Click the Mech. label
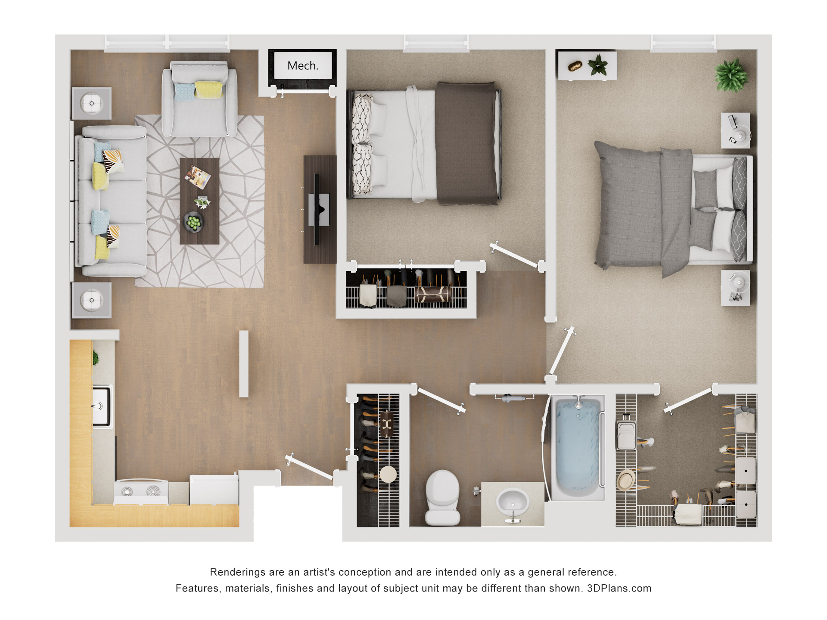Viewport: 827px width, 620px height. (303, 65)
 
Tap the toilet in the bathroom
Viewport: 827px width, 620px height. (442, 497)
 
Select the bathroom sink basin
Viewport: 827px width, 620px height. (512, 502)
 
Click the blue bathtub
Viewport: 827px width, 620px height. (578, 448)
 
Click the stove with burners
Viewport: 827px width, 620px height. (141, 492)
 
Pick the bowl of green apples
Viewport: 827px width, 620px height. (193, 222)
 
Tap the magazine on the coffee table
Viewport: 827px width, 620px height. (198, 177)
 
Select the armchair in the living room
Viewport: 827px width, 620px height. (199, 99)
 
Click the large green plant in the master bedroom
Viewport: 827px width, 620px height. (731, 76)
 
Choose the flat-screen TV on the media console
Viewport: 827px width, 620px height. (318, 210)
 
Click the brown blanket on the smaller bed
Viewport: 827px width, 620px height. (466, 143)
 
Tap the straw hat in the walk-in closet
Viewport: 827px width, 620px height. (626, 480)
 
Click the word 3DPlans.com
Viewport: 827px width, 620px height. (619, 588)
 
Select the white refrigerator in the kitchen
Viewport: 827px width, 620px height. (214, 490)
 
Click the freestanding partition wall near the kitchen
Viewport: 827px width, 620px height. (244, 364)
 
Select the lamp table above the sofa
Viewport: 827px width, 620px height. (91, 103)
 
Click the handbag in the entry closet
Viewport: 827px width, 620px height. (386, 424)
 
